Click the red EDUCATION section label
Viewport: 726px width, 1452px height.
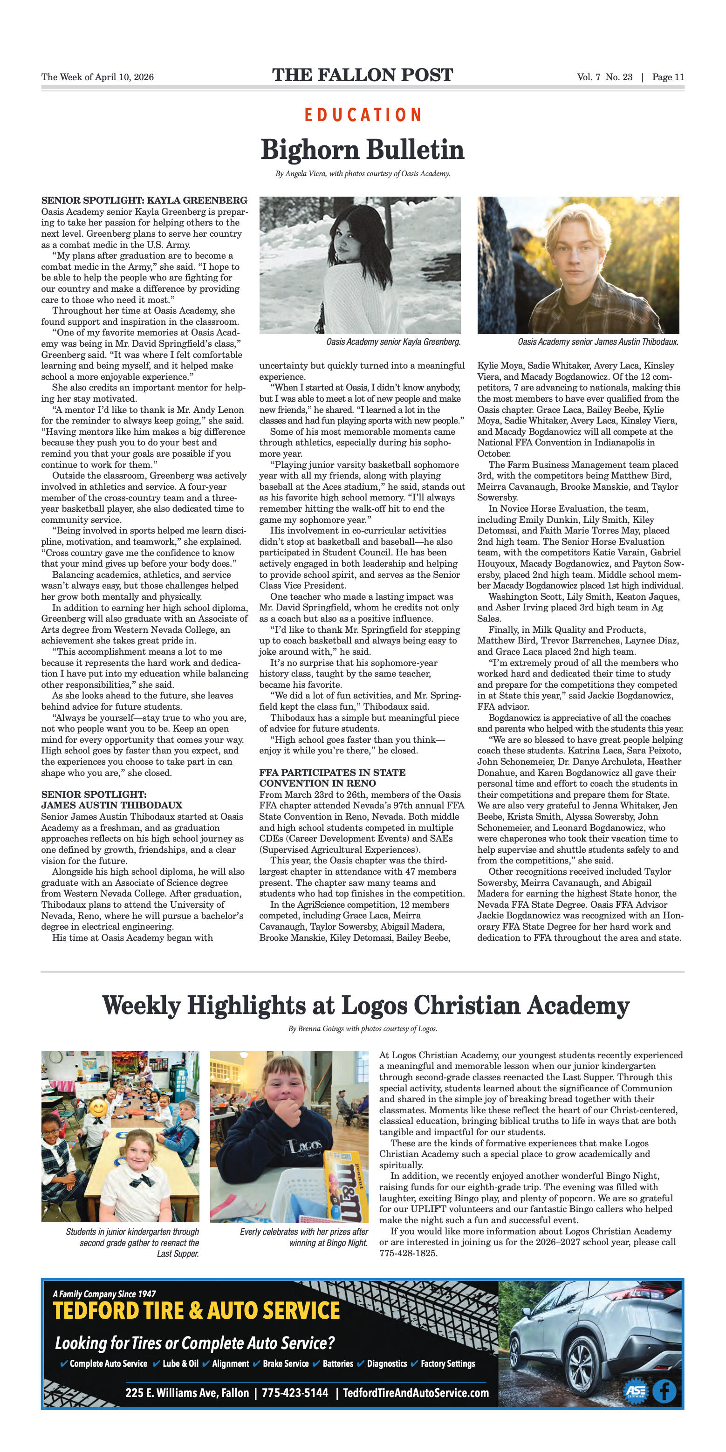click(x=363, y=115)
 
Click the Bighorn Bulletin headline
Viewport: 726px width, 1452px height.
click(x=363, y=150)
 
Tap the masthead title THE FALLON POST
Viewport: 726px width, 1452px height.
click(x=363, y=75)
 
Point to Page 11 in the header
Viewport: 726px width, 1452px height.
click(x=668, y=77)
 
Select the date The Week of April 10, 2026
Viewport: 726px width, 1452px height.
click(x=97, y=77)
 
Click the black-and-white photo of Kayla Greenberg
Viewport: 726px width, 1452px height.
click(x=360, y=265)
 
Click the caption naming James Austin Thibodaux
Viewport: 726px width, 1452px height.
click(x=598, y=342)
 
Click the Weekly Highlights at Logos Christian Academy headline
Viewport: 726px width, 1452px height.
click(x=366, y=1006)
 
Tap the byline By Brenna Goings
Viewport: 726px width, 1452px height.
click(x=363, y=1029)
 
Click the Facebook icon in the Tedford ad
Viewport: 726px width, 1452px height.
click(x=664, y=1391)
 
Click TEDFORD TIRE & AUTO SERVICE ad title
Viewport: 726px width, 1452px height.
click(x=196, y=1311)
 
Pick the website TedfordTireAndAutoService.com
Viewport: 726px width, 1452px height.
click(x=416, y=1393)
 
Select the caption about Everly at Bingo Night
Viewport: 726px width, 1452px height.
click(x=304, y=1237)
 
